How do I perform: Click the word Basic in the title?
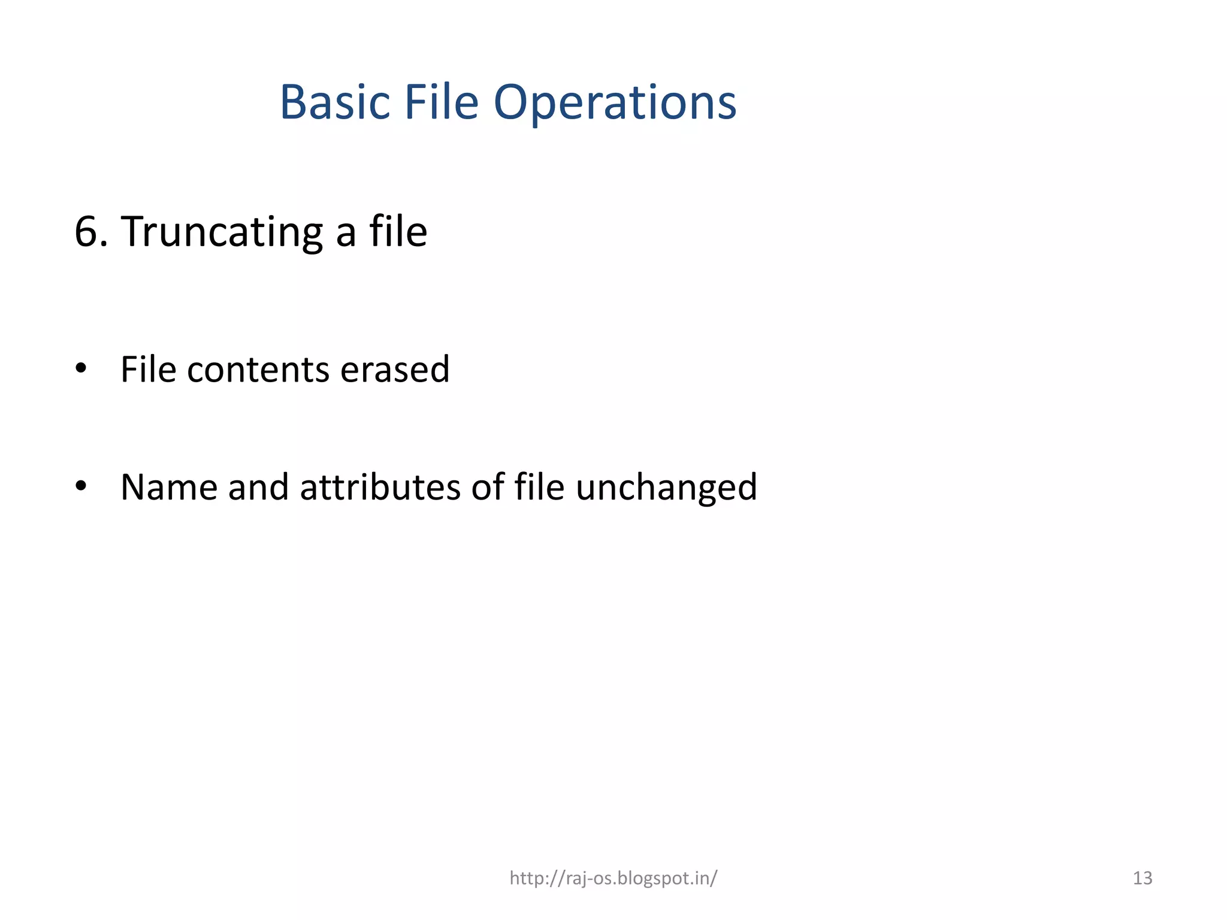pos(335,102)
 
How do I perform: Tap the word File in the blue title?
pos(441,102)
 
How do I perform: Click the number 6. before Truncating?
pos(91,232)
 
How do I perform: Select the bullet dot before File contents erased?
pos(81,368)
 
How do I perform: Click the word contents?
pos(258,370)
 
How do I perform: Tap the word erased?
pos(395,370)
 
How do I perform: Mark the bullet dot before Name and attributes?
pos(81,486)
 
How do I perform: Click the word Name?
pos(169,487)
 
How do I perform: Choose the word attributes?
pos(380,487)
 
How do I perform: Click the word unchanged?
pos(666,488)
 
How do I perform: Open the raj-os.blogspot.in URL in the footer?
pos(613,878)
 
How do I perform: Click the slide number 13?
pos(1143,878)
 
